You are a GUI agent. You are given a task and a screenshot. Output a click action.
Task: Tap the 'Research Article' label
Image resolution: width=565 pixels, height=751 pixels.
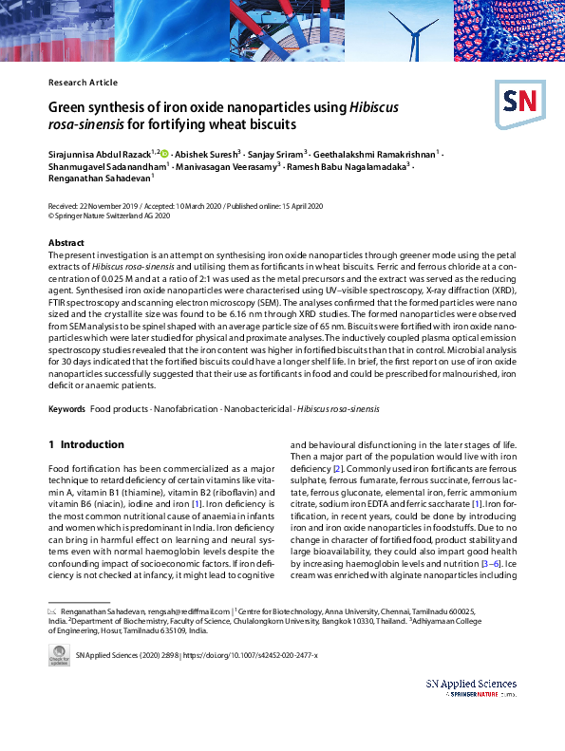[x=83, y=83]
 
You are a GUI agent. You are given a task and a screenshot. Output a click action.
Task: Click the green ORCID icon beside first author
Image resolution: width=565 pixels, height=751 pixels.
[x=164, y=151]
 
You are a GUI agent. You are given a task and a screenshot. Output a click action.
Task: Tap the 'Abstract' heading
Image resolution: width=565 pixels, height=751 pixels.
[x=66, y=243]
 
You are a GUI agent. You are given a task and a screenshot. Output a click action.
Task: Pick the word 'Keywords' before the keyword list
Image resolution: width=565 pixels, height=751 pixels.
[x=66, y=409]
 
